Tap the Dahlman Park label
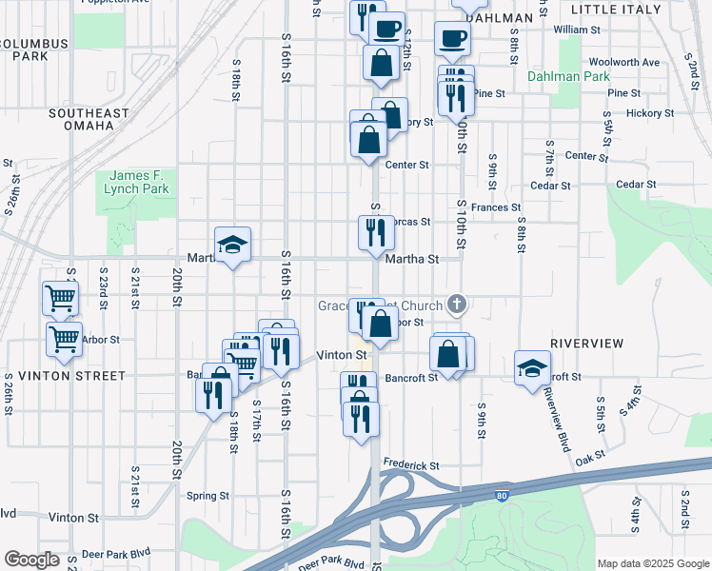(x=569, y=75)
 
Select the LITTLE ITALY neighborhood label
(x=617, y=9)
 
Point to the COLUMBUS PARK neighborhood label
(x=34, y=49)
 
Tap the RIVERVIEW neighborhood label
(x=586, y=343)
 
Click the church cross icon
(x=457, y=305)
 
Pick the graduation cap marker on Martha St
(x=231, y=246)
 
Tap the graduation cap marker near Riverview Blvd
(x=532, y=368)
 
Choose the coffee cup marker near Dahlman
(x=452, y=39)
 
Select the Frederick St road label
(x=410, y=465)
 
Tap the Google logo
(x=31, y=560)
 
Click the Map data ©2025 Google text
(x=652, y=563)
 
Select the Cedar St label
(x=636, y=185)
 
